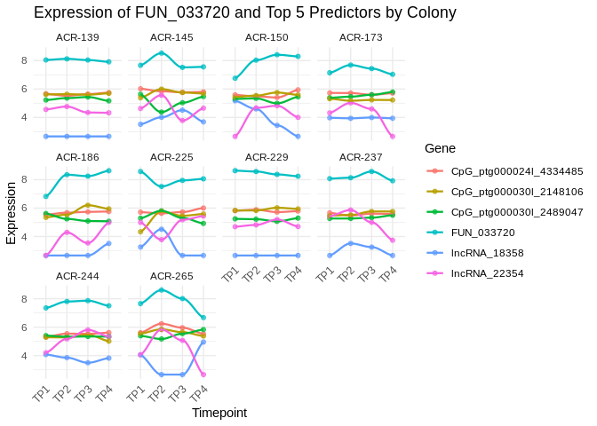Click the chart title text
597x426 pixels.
(245, 12)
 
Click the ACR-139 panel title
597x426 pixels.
(77, 37)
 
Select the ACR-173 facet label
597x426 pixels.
(361, 37)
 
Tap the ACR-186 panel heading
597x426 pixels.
(77, 156)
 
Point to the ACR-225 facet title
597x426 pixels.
(171, 156)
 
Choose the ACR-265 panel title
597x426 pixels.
(171, 275)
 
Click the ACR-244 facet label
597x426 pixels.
(77, 275)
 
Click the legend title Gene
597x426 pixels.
(441, 147)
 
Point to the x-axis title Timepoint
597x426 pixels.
(219, 413)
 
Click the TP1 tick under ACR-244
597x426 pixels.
(42, 392)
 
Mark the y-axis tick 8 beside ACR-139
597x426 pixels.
(26, 60)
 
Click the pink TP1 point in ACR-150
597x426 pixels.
(235, 136)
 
